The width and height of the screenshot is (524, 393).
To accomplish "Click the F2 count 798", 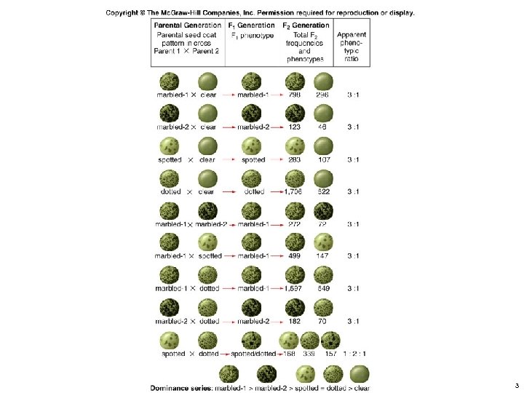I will [x=295, y=95].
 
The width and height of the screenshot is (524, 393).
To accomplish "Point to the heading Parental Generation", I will [x=188, y=25].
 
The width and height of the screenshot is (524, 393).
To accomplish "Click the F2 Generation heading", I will [x=306, y=25].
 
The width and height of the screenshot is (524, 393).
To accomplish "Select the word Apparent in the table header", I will [x=352, y=34].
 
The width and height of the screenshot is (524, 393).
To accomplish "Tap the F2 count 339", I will [x=309, y=354].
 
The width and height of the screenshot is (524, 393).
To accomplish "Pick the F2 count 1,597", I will [x=294, y=289].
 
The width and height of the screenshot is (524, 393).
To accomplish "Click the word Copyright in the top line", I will [x=124, y=12].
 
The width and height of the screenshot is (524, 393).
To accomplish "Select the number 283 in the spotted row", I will [x=295, y=159].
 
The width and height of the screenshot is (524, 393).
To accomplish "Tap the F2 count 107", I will [x=324, y=159].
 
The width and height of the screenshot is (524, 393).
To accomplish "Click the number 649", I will [x=324, y=289].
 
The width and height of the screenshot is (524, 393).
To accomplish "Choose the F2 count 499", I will [x=295, y=256].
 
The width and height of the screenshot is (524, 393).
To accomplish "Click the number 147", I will [x=324, y=256].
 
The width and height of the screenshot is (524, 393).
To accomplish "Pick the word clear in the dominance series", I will [x=362, y=387].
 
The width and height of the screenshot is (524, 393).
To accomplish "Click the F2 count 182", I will [x=295, y=321].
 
